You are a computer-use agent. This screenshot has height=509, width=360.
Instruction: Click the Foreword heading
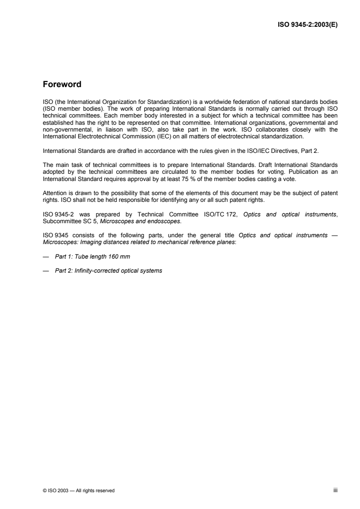tap(62, 84)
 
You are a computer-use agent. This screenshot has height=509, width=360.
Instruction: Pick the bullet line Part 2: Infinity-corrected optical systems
tap(108, 271)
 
